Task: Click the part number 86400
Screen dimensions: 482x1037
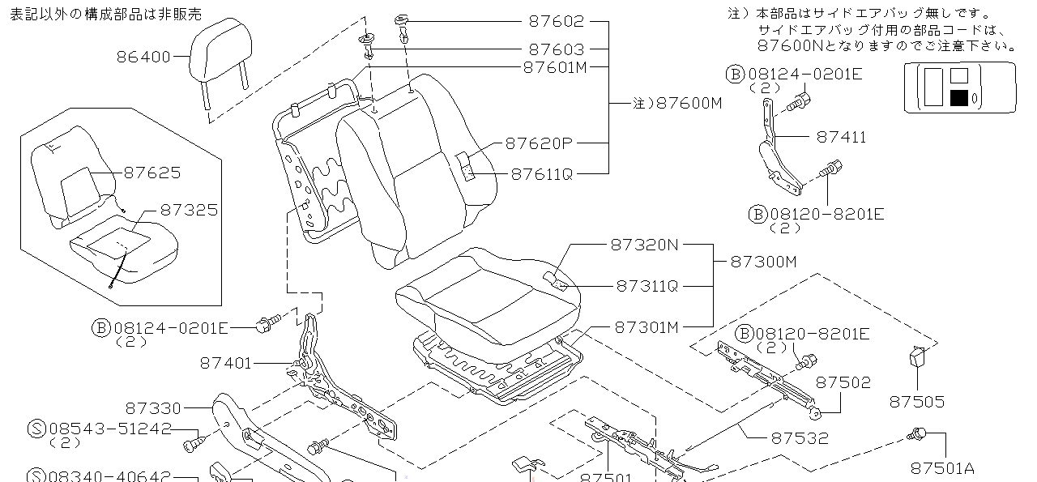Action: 143,57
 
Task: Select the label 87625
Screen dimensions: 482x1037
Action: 152,173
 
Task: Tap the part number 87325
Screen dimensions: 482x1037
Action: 189,210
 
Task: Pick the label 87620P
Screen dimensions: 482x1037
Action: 539,143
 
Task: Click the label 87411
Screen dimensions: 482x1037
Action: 841,137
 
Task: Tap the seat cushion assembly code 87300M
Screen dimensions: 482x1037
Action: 764,261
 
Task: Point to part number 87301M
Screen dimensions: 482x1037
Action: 647,327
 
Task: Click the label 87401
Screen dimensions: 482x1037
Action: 226,364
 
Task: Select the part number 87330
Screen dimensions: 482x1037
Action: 154,408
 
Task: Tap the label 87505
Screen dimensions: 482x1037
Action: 917,401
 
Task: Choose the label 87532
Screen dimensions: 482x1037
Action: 800,437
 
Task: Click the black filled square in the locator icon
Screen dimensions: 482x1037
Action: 959,99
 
